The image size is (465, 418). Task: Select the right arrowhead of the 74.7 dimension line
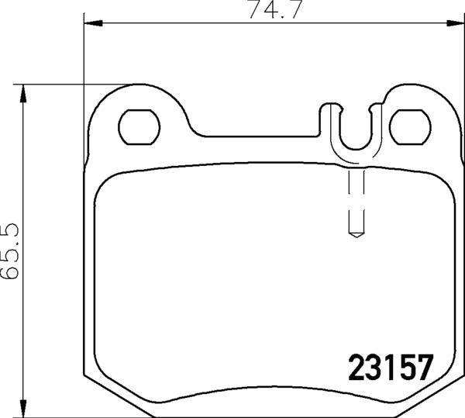click(456, 26)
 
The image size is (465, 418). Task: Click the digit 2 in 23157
click(352, 366)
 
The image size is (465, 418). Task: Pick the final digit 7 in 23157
click(422, 366)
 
